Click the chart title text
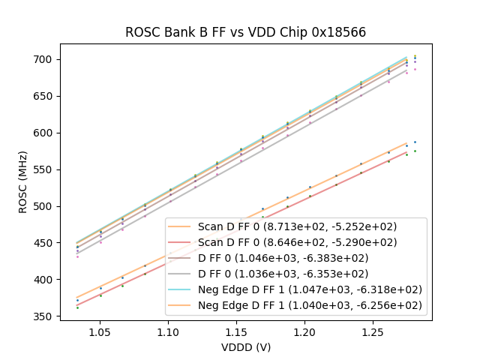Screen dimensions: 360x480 (245, 32)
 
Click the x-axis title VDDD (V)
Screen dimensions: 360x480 (245, 347)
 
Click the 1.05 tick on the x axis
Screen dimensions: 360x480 (100, 331)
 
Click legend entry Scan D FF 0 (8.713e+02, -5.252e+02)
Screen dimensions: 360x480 (297, 226)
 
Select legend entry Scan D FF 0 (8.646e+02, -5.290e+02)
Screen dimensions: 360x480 (297, 242)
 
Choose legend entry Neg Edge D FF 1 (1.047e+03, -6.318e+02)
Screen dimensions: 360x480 (310, 289)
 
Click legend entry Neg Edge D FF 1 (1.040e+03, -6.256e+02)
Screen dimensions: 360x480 (310, 305)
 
